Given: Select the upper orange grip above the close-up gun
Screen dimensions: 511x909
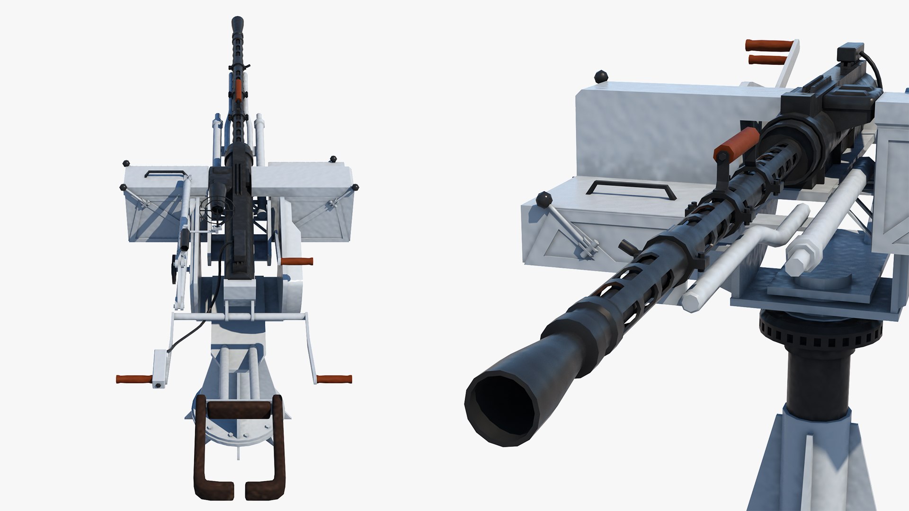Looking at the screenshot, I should pyautogui.click(x=769, y=45).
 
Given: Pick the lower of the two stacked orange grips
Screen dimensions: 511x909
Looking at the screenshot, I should pyautogui.click(x=767, y=60).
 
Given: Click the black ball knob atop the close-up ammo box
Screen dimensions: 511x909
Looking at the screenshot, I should pyautogui.click(x=601, y=76).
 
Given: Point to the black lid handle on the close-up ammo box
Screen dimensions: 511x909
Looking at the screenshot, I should pyautogui.click(x=630, y=188).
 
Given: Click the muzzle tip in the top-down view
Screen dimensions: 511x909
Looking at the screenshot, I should pyautogui.click(x=238, y=22).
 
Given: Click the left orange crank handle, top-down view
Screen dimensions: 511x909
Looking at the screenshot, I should pyautogui.click(x=134, y=379).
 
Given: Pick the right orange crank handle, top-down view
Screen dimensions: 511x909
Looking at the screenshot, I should pyautogui.click(x=334, y=379).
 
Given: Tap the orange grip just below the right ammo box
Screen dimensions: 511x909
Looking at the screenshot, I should pyautogui.click(x=297, y=261).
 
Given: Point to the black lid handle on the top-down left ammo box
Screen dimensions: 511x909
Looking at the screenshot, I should pyautogui.click(x=164, y=173).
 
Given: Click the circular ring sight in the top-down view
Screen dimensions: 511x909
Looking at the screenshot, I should pyautogui.click(x=217, y=209).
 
